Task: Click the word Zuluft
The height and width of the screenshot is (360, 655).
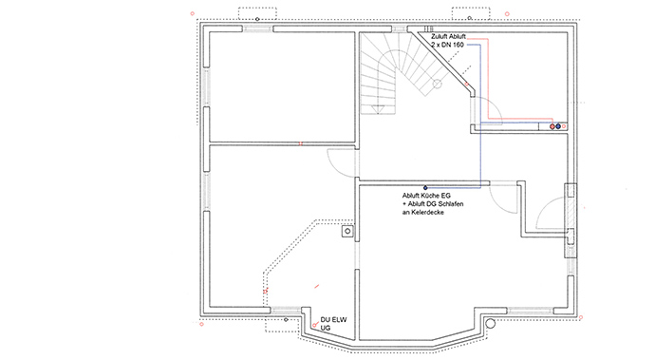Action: click(439, 37)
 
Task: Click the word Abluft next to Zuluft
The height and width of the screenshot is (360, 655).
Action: click(457, 37)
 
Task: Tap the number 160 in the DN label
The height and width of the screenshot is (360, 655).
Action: click(458, 45)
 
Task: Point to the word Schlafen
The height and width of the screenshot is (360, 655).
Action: click(451, 204)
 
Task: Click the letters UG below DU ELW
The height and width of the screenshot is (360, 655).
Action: click(325, 329)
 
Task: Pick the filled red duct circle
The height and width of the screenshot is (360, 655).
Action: click(552, 126)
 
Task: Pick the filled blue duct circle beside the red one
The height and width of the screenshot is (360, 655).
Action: click(558, 126)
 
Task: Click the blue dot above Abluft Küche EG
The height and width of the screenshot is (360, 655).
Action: click(425, 188)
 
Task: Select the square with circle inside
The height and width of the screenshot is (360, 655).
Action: click(347, 231)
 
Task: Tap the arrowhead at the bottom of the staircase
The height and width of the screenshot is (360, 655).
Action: click(378, 109)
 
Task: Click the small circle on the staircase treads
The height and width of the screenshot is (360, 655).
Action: click(437, 84)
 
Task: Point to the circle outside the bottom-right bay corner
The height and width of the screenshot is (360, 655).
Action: click(491, 323)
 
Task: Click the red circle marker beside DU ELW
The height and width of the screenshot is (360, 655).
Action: click(314, 325)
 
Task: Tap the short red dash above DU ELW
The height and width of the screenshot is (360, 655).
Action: click(317, 287)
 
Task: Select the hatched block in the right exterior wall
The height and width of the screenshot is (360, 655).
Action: click(571, 220)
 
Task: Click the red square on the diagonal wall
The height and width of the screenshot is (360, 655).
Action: click(467, 84)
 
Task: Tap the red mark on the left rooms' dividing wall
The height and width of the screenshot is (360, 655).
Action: click(300, 143)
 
